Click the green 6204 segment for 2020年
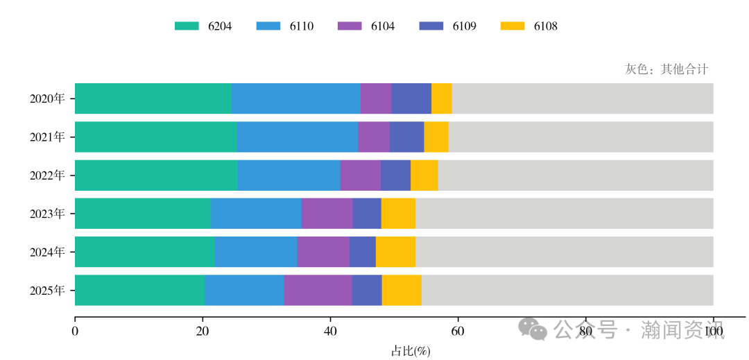(153, 98)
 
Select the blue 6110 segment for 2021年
(297, 137)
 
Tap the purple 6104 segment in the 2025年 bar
(318, 290)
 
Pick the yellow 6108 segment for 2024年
(395, 252)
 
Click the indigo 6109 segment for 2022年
(395, 175)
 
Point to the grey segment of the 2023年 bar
(564, 214)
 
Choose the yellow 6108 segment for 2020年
(441, 98)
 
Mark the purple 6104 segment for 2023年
(327, 214)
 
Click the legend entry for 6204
(203, 26)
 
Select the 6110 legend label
(301, 26)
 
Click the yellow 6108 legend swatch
(513, 26)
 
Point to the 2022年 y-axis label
(47, 175)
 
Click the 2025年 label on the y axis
(47, 291)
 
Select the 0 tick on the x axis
(75, 332)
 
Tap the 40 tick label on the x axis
(330, 332)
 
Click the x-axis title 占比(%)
(411, 351)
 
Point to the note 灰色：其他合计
(666, 69)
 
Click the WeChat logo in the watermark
(534, 329)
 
